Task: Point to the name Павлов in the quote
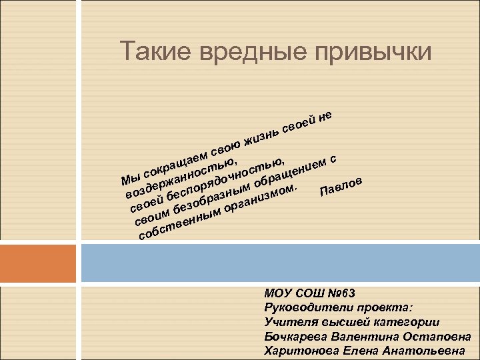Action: click(x=341, y=187)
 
